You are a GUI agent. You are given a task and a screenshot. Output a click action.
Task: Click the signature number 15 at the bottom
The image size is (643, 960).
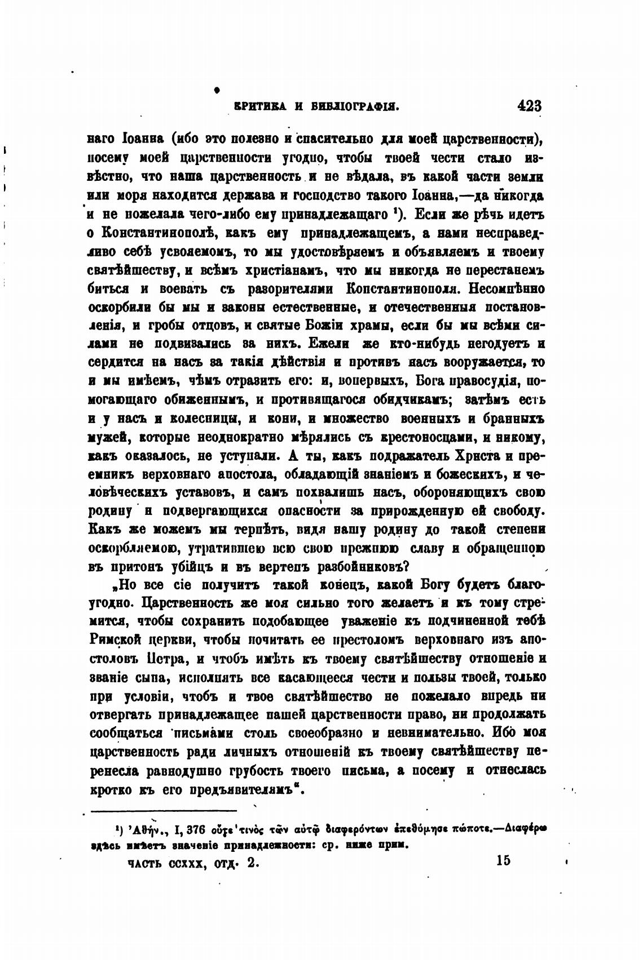pos(503,860)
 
